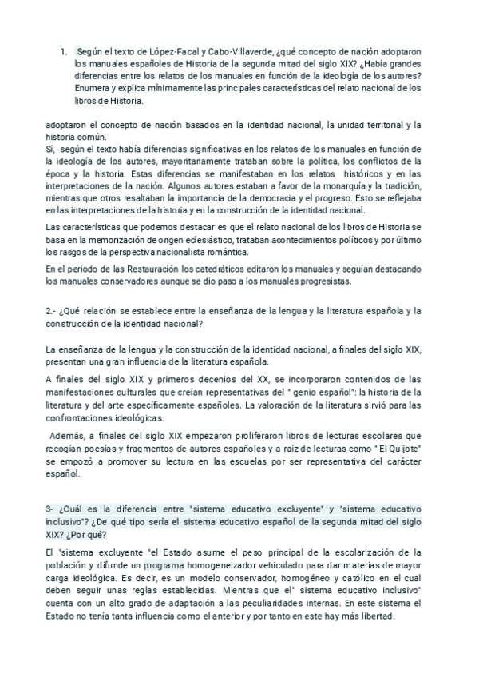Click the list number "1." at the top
tap(63, 50)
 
